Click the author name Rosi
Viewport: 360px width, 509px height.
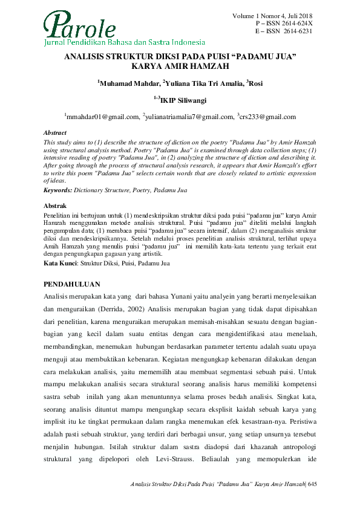point(255,83)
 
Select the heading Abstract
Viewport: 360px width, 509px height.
point(56,132)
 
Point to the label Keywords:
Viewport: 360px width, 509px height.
point(58,190)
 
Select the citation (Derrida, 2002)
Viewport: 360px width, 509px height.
point(126,309)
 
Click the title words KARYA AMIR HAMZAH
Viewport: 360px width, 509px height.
point(180,65)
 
